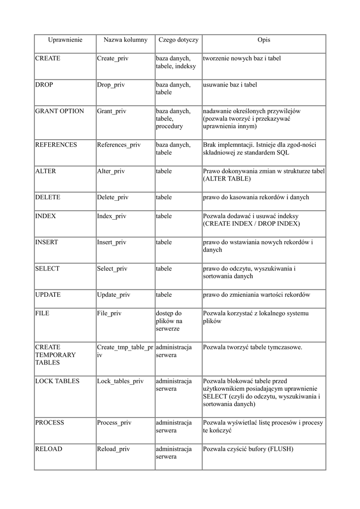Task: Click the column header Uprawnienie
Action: click(x=65, y=40)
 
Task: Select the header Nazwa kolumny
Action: click(x=125, y=40)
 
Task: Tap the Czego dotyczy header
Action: click(x=178, y=40)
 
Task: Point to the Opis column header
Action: click(x=264, y=40)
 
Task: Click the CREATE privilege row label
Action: click(x=48, y=59)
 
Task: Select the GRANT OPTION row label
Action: click(x=60, y=111)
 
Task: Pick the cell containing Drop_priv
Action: click(x=111, y=85)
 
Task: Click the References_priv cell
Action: click(x=119, y=145)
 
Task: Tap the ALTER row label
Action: click(x=46, y=171)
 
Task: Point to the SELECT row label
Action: click(x=47, y=269)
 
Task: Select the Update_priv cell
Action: click(x=113, y=295)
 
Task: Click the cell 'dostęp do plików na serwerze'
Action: click(x=169, y=322)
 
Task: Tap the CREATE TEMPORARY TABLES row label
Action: click(x=55, y=355)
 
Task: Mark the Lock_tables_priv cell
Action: click(x=120, y=381)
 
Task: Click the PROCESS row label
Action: click(x=50, y=423)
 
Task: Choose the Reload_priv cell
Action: click(x=113, y=449)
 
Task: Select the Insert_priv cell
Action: click(x=112, y=243)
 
